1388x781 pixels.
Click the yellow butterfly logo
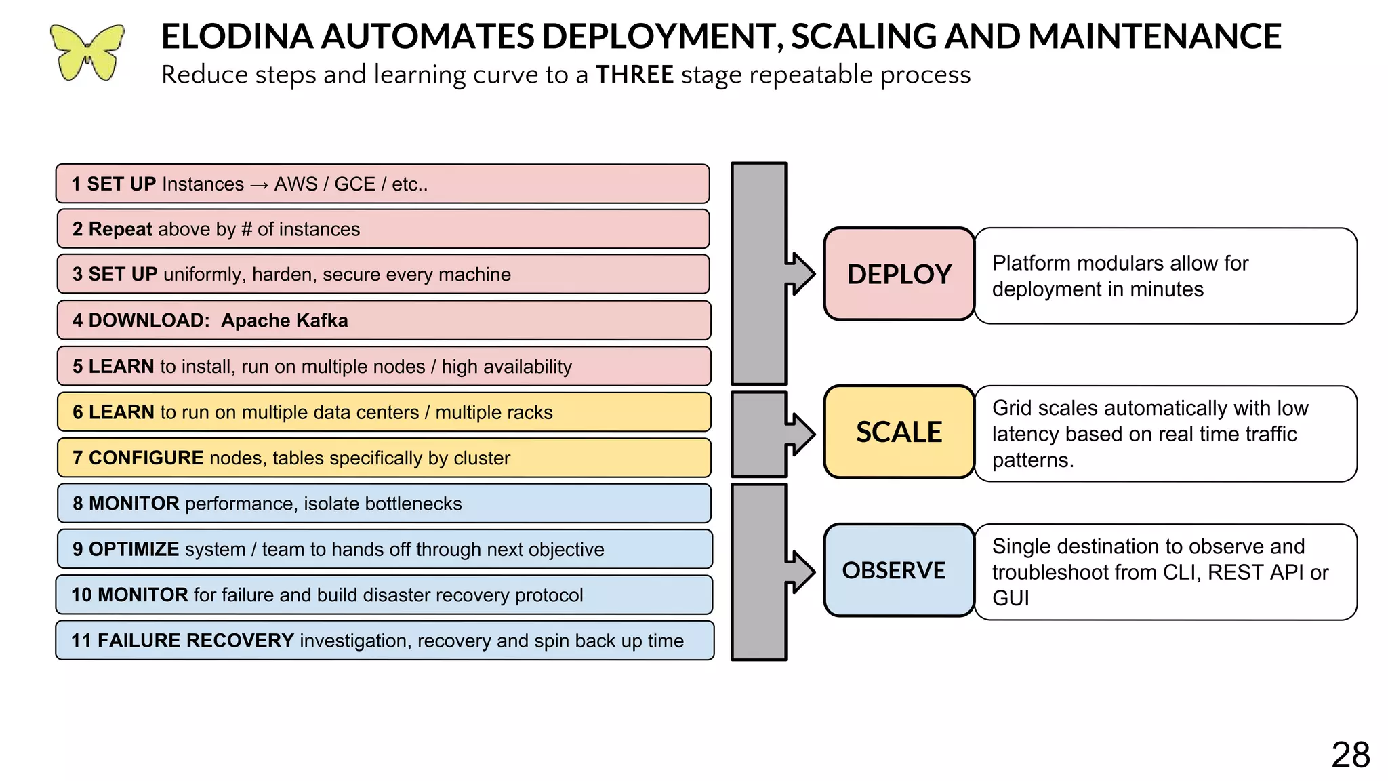click(87, 53)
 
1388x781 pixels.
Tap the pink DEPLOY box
click(899, 274)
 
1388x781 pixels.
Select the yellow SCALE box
click(899, 432)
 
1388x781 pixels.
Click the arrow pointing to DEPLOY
click(800, 274)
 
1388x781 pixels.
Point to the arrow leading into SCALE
click(800, 434)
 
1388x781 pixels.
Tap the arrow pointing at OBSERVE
click(800, 572)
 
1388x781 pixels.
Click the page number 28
click(1350, 755)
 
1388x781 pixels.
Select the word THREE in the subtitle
click(634, 75)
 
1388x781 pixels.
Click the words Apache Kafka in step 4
click(284, 321)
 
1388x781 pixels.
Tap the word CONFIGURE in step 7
click(146, 458)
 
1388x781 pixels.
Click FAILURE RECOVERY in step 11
click(195, 641)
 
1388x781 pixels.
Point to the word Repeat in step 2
click(120, 229)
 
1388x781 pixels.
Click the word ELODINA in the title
click(237, 37)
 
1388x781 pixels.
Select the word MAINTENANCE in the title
click(1154, 37)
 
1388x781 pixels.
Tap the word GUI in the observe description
click(1011, 599)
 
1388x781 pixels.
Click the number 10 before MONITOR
click(81, 595)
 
